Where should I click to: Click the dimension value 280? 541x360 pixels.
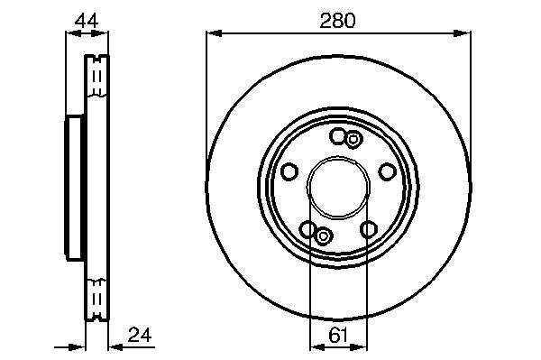(x=337, y=21)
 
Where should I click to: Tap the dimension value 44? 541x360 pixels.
(x=87, y=21)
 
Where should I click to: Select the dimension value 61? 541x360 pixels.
(x=338, y=336)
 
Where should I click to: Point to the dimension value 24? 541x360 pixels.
(x=140, y=335)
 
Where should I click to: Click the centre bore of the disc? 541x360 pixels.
(x=338, y=188)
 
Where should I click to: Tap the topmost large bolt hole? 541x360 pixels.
(x=337, y=135)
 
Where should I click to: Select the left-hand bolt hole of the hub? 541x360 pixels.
(x=289, y=171)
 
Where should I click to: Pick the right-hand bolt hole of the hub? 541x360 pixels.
(x=387, y=171)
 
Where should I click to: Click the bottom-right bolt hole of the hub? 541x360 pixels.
(x=369, y=229)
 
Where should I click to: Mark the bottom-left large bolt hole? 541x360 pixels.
(x=307, y=229)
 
